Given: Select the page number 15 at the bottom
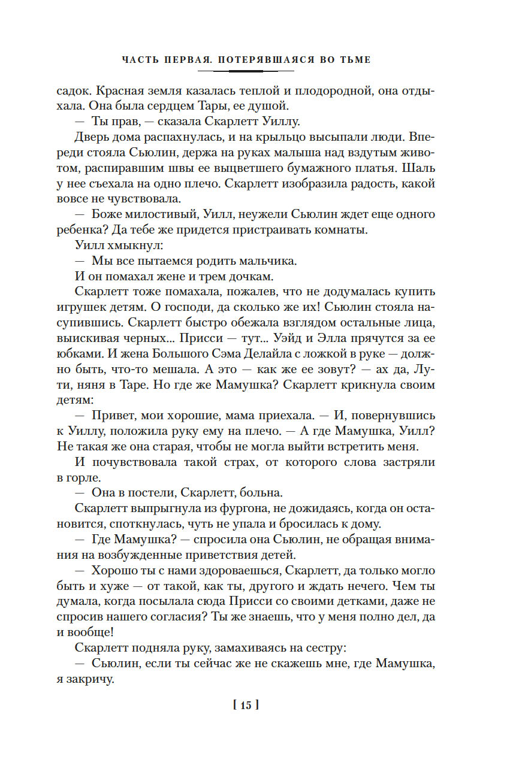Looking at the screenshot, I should pos(246,705).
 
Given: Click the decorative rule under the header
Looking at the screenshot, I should pos(246,71).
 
